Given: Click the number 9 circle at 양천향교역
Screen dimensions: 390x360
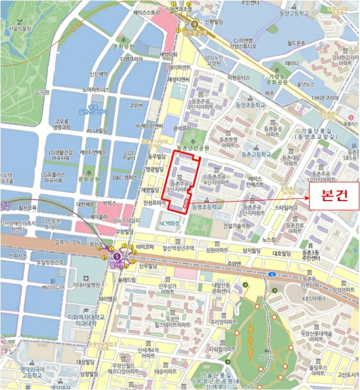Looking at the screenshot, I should click(194, 24).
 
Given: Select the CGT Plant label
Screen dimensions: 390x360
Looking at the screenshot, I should click(129, 155).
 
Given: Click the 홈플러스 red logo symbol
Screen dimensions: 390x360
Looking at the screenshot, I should click(351, 117).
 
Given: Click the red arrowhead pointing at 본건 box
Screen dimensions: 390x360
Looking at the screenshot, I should click(306, 196).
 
